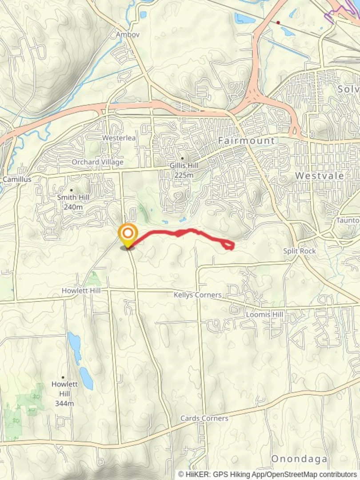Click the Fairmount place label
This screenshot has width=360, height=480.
pyautogui.click(x=246, y=141)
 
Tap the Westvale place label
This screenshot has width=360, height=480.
pyautogui.click(x=320, y=176)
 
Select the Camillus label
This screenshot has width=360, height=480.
pyautogui.click(x=17, y=179)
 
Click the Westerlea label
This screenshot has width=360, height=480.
pyautogui.click(x=119, y=138)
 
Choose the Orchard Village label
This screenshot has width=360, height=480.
pyautogui.click(x=97, y=162)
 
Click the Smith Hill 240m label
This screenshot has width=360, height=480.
pyautogui.click(x=73, y=202)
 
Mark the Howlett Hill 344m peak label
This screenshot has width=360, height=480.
pyautogui.click(x=64, y=393)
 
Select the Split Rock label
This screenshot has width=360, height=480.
pyautogui.click(x=300, y=251)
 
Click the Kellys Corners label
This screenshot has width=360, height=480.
pyautogui.click(x=197, y=295)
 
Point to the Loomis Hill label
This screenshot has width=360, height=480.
pyautogui.click(x=264, y=315)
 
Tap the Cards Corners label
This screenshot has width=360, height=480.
pyautogui.click(x=204, y=418)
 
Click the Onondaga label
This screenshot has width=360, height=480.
pyautogui.click(x=299, y=459)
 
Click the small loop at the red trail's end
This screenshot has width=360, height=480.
pyautogui.click(x=228, y=245)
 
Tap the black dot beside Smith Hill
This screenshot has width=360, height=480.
pyautogui.click(x=71, y=190)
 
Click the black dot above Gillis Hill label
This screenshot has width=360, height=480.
pyautogui.click(x=183, y=158)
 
